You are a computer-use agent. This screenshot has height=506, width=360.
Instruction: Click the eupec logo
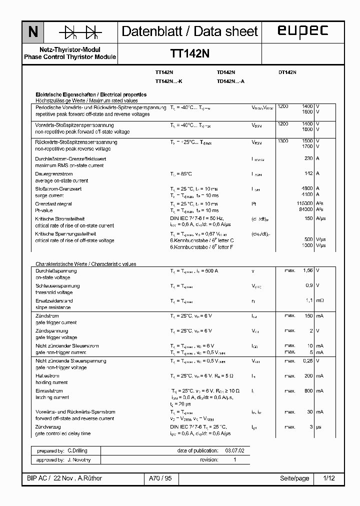click(x=302, y=31)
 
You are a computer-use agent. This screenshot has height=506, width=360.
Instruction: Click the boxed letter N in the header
click(x=33, y=32)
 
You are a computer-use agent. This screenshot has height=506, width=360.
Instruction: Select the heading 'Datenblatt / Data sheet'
click(x=189, y=31)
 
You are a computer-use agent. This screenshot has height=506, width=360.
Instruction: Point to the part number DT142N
click(x=287, y=72)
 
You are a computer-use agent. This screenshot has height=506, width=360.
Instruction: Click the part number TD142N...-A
click(x=230, y=81)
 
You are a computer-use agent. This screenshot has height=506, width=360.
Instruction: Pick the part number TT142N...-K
click(x=168, y=81)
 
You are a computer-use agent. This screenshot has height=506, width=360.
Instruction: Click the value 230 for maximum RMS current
click(x=308, y=158)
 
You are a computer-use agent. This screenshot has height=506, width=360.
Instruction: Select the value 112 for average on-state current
click(x=308, y=173)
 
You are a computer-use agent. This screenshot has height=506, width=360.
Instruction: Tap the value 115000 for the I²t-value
click(x=304, y=203)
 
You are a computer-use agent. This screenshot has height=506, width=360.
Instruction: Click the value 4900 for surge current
click(x=306, y=188)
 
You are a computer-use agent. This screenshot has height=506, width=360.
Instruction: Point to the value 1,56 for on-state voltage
click(x=307, y=270)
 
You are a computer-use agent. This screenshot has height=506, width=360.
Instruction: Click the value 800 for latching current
click(x=308, y=390)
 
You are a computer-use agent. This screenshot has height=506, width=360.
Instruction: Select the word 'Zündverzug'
click(x=48, y=427)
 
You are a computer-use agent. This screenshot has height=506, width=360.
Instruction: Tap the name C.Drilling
click(x=77, y=450)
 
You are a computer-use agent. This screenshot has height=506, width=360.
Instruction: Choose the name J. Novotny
click(x=78, y=459)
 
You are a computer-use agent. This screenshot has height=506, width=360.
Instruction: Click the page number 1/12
click(x=329, y=478)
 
